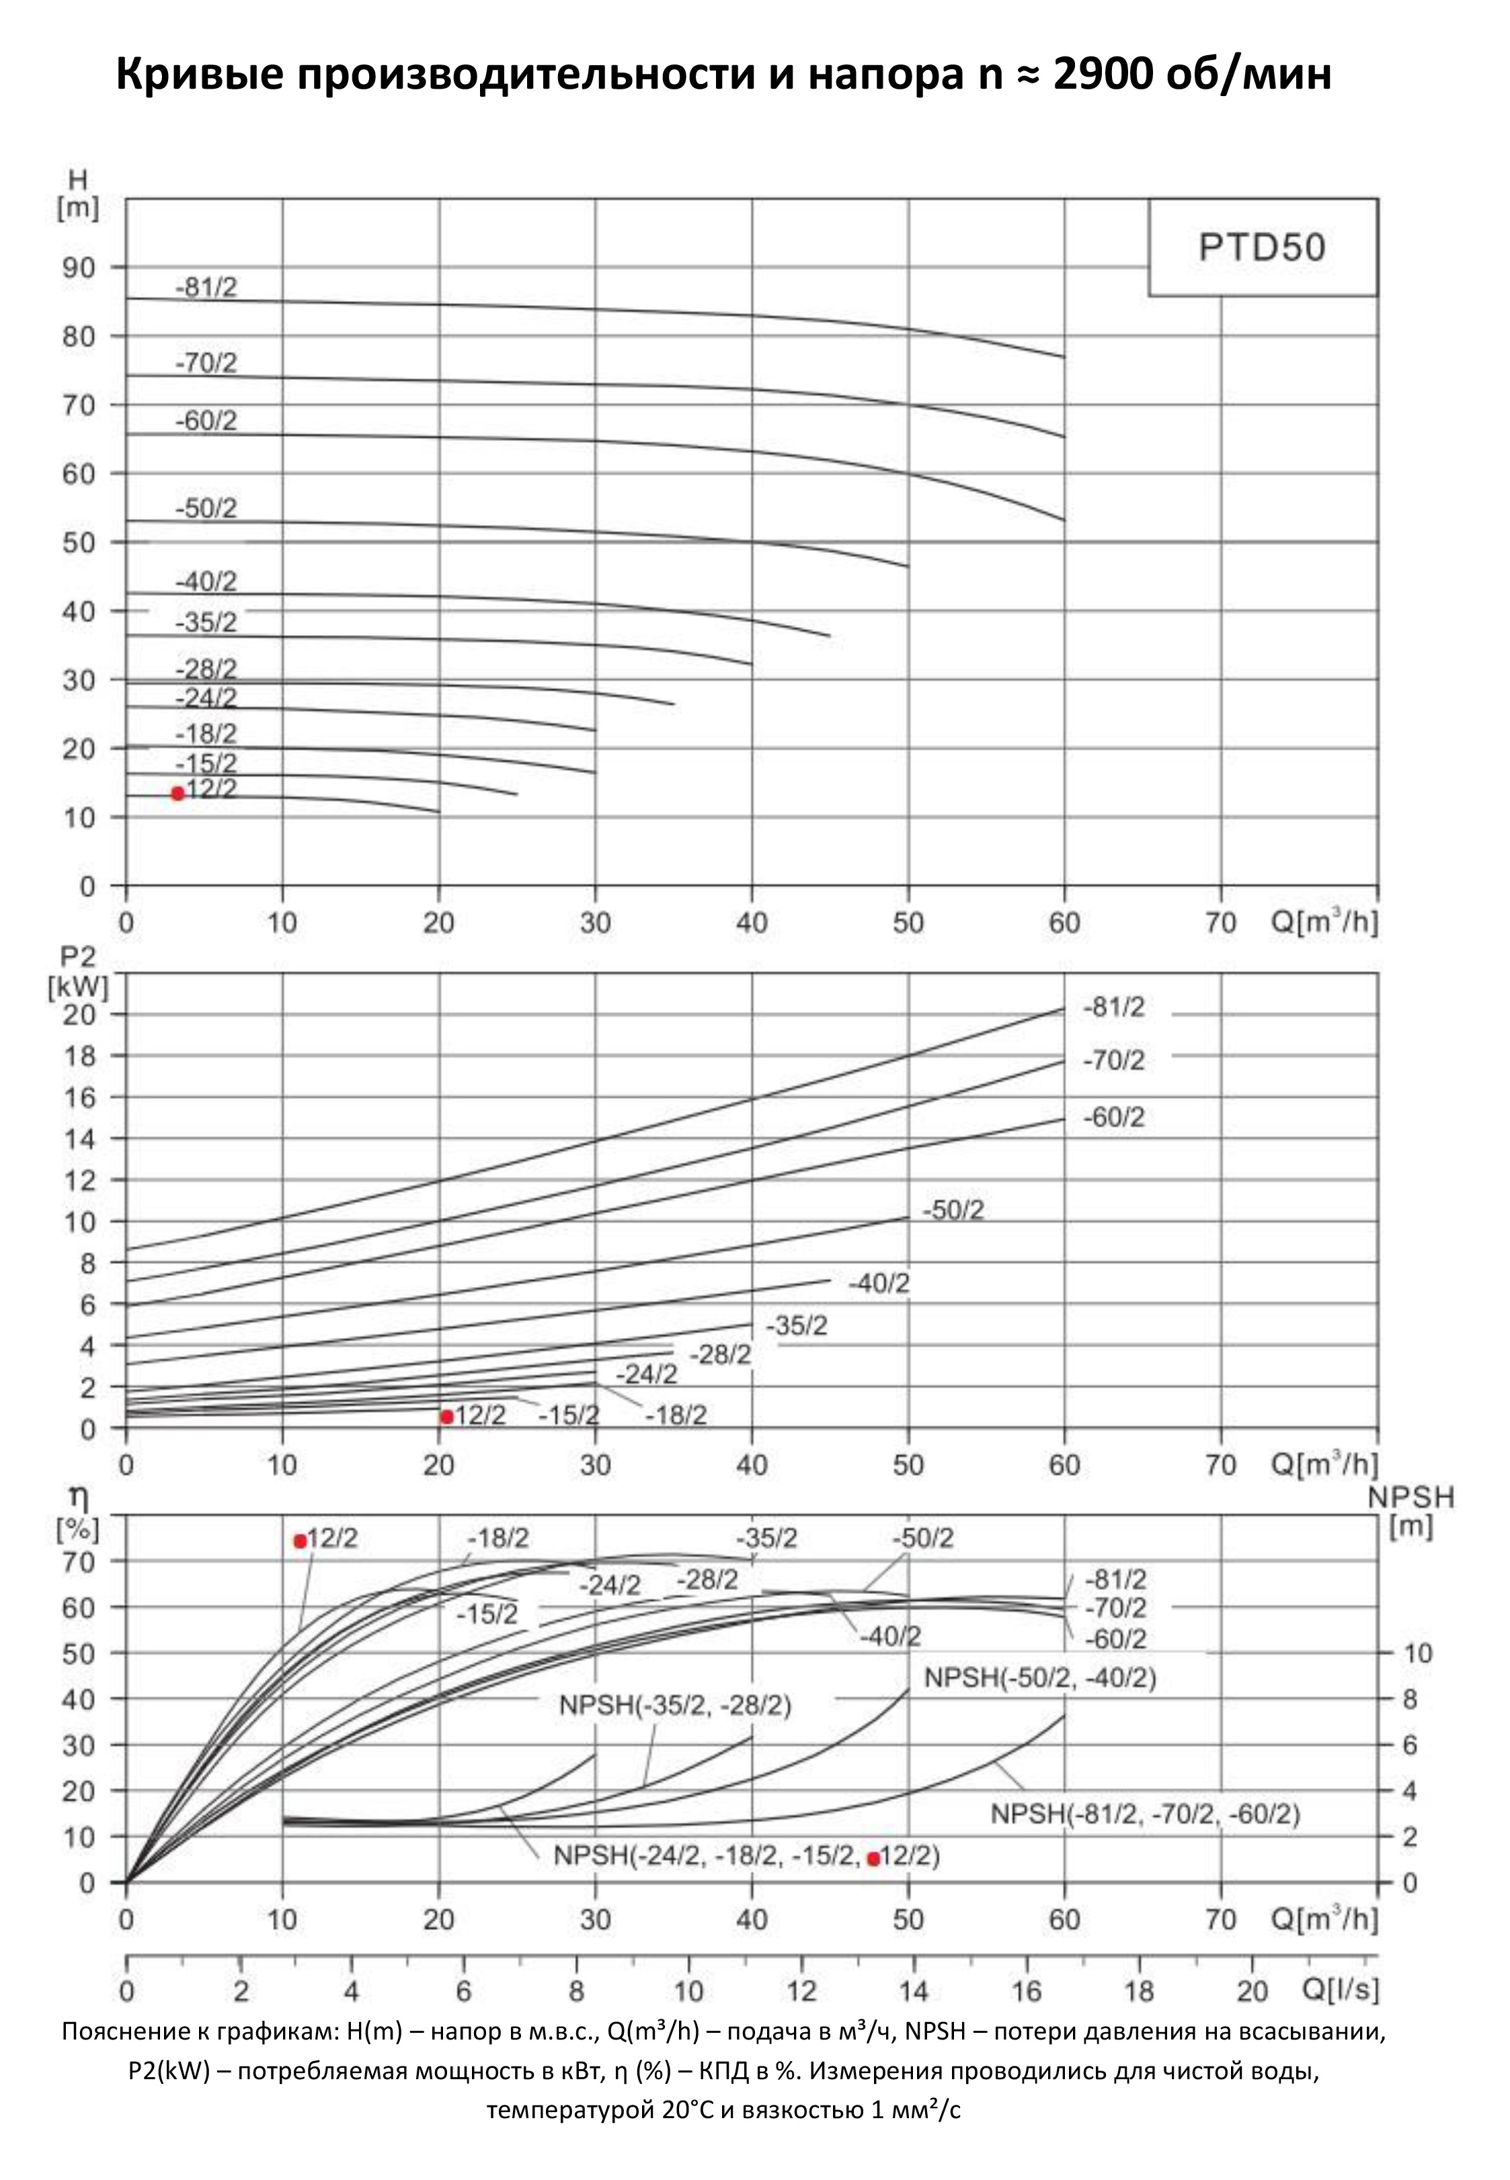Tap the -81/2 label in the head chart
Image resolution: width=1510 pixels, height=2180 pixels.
click(x=206, y=288)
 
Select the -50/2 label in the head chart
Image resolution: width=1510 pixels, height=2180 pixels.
click(x=206, y=509)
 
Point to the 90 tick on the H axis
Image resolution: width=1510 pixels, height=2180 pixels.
click(x=79, y=267)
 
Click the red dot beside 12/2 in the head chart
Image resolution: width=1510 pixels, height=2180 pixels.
click(x=177, y=794)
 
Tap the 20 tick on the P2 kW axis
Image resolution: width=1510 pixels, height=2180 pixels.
click(x=79, y=1015)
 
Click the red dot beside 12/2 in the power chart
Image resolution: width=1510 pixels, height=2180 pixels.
click(x=446, y=1416)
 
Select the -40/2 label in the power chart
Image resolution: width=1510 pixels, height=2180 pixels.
click(x=879, y=1284)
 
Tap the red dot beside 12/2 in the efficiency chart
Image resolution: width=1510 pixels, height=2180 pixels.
click(x=300, y=1542)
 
